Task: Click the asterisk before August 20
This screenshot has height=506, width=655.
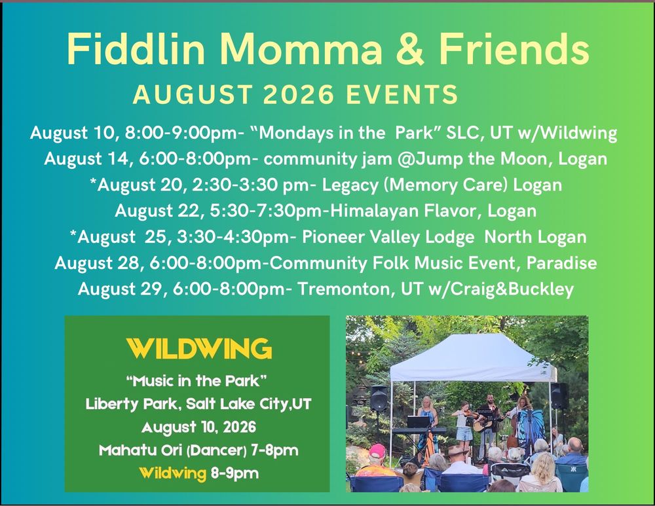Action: click(x=93, y=182)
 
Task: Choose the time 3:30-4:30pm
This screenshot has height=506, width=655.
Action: click(x=233, y=237)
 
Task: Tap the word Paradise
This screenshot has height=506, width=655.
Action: click(x=561, y=263)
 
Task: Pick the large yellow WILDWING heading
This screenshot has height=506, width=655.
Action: click(x=199, y=349)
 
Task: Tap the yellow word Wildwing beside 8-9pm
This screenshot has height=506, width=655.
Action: click(x=172, y=473)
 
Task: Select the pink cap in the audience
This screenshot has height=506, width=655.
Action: click(x=377, y=451)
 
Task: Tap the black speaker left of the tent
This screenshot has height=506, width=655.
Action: click(x=379, y=398)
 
